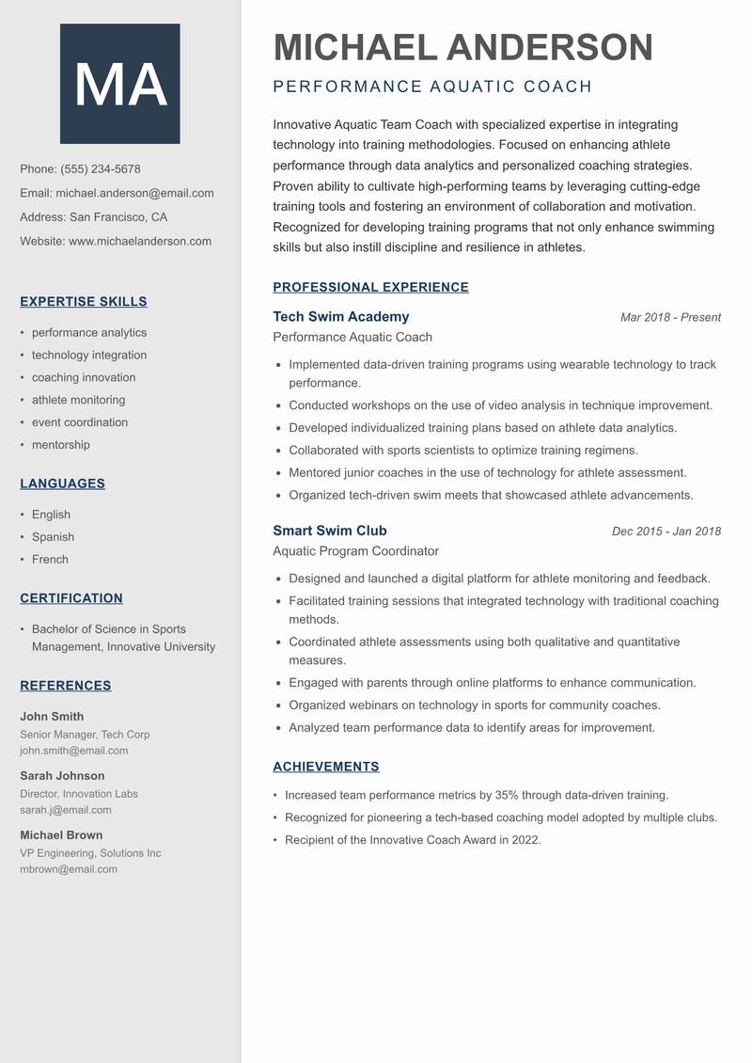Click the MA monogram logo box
120,84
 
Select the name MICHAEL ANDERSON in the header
462,47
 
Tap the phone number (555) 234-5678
101,169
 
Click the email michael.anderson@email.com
134,193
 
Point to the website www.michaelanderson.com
140,241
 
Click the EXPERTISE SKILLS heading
84,302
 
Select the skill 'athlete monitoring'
78,400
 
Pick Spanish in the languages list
53,537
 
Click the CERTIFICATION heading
71,598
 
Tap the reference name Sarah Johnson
62,776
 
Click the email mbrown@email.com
69,869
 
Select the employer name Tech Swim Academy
340,317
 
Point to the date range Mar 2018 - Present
670,318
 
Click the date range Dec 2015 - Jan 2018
666,531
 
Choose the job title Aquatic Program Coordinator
355,551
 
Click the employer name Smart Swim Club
329,531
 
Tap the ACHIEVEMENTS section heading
325,767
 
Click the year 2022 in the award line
525,840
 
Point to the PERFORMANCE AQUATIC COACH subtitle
432,87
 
